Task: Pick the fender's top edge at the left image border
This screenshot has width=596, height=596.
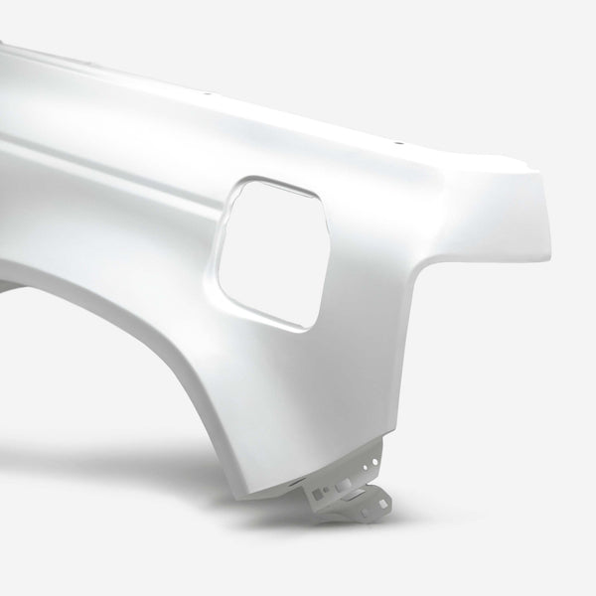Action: point(2,45)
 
